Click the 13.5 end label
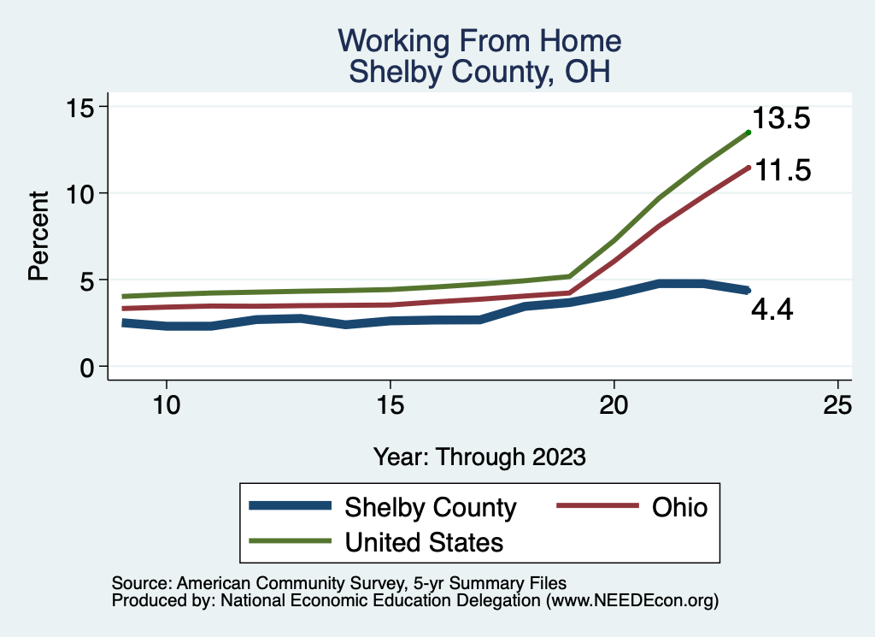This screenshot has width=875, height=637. pos(780,119)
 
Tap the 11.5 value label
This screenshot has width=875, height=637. pos(780,170)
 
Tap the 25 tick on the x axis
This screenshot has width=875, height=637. pos(837,405)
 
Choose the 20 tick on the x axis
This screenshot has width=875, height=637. pos(614,405)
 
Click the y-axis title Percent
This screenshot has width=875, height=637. pos(38,237)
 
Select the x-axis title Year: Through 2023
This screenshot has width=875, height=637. pos(479,457)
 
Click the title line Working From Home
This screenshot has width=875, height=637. pos(479,41)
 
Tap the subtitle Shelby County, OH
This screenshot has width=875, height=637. pos(479,72)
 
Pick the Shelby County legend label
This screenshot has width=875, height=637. pos(431,507)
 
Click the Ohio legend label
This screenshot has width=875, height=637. pos(679,507)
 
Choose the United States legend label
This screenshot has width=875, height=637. pos(424,541)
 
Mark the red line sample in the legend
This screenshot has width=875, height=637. pos(597,507)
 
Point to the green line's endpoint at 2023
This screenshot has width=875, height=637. pos(748,132)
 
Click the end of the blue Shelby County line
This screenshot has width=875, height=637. pos(748,291)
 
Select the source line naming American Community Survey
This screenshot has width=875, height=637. pos(338,583)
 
